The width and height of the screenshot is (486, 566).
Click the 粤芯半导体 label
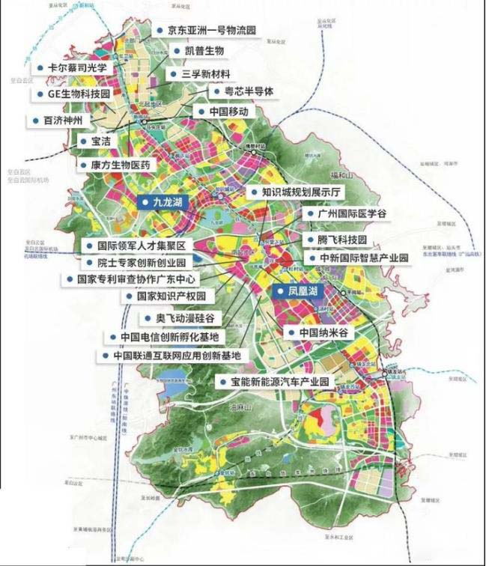click(x=238, y=91)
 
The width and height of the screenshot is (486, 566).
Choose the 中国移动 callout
click(x=222, y=112)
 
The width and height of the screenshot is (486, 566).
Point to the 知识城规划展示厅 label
click(x=295, y=192)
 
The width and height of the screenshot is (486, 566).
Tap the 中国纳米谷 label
click(x=324, y=332)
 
